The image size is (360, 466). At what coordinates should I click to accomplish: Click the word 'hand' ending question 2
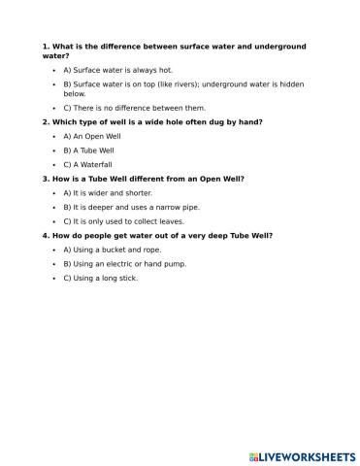252,122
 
